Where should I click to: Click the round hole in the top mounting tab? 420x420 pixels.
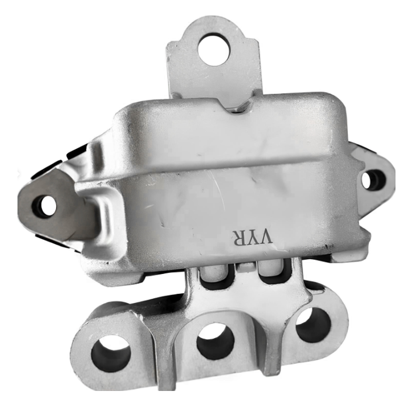pyautogui.click(x=213, y=50)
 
